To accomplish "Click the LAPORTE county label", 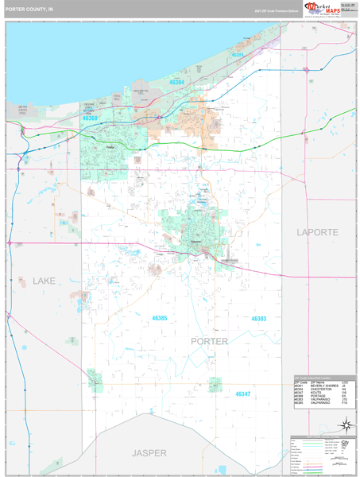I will coord(317,232).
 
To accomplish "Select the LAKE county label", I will coord(45,281).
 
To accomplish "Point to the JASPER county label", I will coord(149,452).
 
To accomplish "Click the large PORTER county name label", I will coord(210,341).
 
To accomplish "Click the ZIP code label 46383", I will coord(259,319).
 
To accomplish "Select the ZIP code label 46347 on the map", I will coord(242,394).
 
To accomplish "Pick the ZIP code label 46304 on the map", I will coord(176,82).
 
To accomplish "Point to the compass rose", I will coord(344,425).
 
